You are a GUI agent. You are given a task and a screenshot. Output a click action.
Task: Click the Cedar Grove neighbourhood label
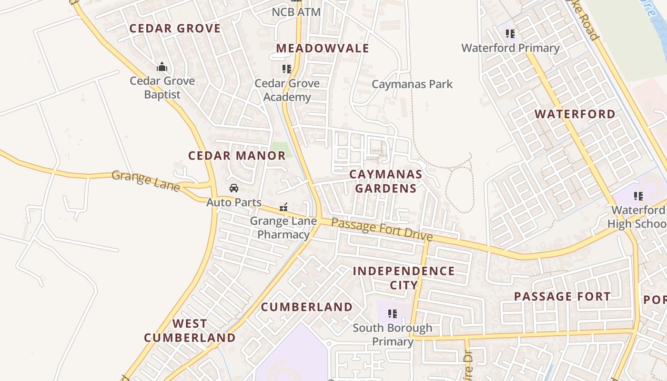point(175,29)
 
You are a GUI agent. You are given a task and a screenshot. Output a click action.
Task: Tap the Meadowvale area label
point(323,48)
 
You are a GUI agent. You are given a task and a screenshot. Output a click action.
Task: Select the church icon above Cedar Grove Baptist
point(162,67)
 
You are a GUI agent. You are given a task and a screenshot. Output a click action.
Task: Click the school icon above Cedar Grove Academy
point(286,69)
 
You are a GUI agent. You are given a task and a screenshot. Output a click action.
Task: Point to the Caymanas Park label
point(412,84)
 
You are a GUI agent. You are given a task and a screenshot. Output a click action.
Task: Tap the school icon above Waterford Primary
point(510,34)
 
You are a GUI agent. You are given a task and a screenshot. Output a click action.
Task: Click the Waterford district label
point(575,114)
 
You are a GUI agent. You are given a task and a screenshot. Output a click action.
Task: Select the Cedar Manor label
point(237,156)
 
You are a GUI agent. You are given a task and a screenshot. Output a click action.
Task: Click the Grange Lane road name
point(146,181)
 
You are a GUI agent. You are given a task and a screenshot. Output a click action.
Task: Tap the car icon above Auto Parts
point(233,188)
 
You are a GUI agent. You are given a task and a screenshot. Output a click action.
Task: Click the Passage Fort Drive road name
point(382,229)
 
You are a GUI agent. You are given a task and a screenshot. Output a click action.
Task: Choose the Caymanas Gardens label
point(386,181)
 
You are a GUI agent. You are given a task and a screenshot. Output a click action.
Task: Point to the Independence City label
point(404,278)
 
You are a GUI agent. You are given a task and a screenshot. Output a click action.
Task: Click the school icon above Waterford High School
point(638,196)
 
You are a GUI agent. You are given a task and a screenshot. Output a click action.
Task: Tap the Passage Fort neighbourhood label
point(562,296)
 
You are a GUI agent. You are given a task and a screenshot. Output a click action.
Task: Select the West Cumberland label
point(190,331)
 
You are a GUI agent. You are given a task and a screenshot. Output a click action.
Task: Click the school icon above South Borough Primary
point(393,314)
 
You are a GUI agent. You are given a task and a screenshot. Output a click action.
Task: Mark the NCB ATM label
point(296,12)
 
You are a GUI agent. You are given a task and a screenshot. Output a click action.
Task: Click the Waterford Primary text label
point(510,48)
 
